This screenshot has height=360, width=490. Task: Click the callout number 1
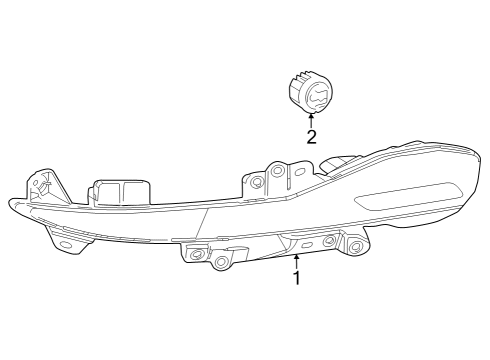tap(297, 277)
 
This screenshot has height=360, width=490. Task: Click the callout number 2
tap(311, 137)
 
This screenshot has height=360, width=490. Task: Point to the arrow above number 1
tap(297, 262)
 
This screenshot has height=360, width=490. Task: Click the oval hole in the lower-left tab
tap(65, 243)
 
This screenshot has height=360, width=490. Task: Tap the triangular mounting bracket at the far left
tap(42, 186)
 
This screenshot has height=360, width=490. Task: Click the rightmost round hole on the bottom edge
tap(355, 247)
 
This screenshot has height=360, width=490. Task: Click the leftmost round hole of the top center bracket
tap(258, 181)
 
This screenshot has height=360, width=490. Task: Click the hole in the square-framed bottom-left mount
tap(196, 256)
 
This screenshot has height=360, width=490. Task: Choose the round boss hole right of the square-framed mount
tap(221, 262)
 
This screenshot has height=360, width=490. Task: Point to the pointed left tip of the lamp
tap(12, 204)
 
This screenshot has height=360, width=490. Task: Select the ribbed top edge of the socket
tap(312, 75)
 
